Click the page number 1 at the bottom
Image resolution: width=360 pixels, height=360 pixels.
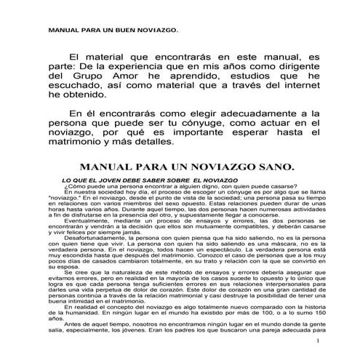tap(318, 340)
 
